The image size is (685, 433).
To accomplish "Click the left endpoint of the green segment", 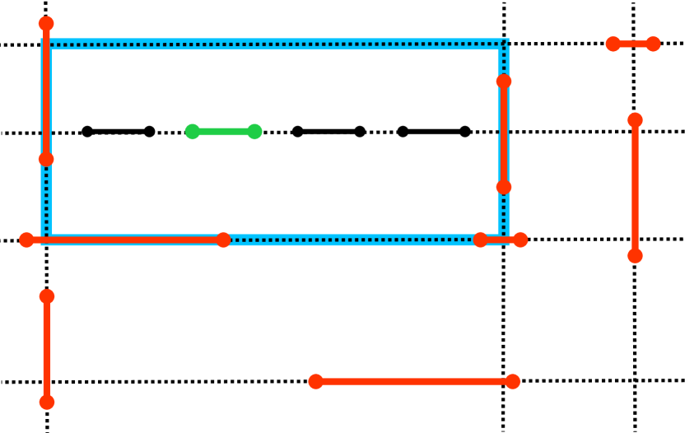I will (193, 132).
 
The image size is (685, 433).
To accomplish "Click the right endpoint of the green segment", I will (254, 132).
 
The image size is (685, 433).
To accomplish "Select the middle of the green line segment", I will (224, 132).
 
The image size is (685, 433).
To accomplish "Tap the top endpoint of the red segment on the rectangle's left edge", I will (46, 24).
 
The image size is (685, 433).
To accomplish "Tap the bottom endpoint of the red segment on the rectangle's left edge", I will (46, 159).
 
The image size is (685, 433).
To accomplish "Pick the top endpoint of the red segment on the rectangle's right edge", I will (504, 81).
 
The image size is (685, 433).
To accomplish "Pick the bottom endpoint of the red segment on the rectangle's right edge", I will (504, 187).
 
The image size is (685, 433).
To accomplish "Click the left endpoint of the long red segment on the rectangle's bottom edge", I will (27, 240).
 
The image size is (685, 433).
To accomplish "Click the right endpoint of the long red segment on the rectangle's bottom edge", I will (223, 240).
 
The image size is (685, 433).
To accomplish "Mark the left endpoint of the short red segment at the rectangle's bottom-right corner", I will (481, 240).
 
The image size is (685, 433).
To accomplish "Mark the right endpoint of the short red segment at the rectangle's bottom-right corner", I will (520, 240).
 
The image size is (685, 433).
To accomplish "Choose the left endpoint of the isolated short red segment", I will (613, 44).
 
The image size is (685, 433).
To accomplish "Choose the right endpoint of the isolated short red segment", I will (653, 44).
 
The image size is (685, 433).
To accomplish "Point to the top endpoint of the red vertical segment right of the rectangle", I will (635, 120).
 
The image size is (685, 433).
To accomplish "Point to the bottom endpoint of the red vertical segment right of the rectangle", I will (635, 255).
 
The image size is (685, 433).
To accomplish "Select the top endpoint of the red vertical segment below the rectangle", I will (47, 296).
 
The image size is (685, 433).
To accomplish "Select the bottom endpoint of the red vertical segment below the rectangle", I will (47, 402).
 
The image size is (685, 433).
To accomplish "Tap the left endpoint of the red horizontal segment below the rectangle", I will (316, 381).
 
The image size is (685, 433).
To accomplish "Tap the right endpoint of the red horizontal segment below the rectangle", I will (512, 381).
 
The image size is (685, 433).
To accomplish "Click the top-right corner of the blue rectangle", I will (504, 44).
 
